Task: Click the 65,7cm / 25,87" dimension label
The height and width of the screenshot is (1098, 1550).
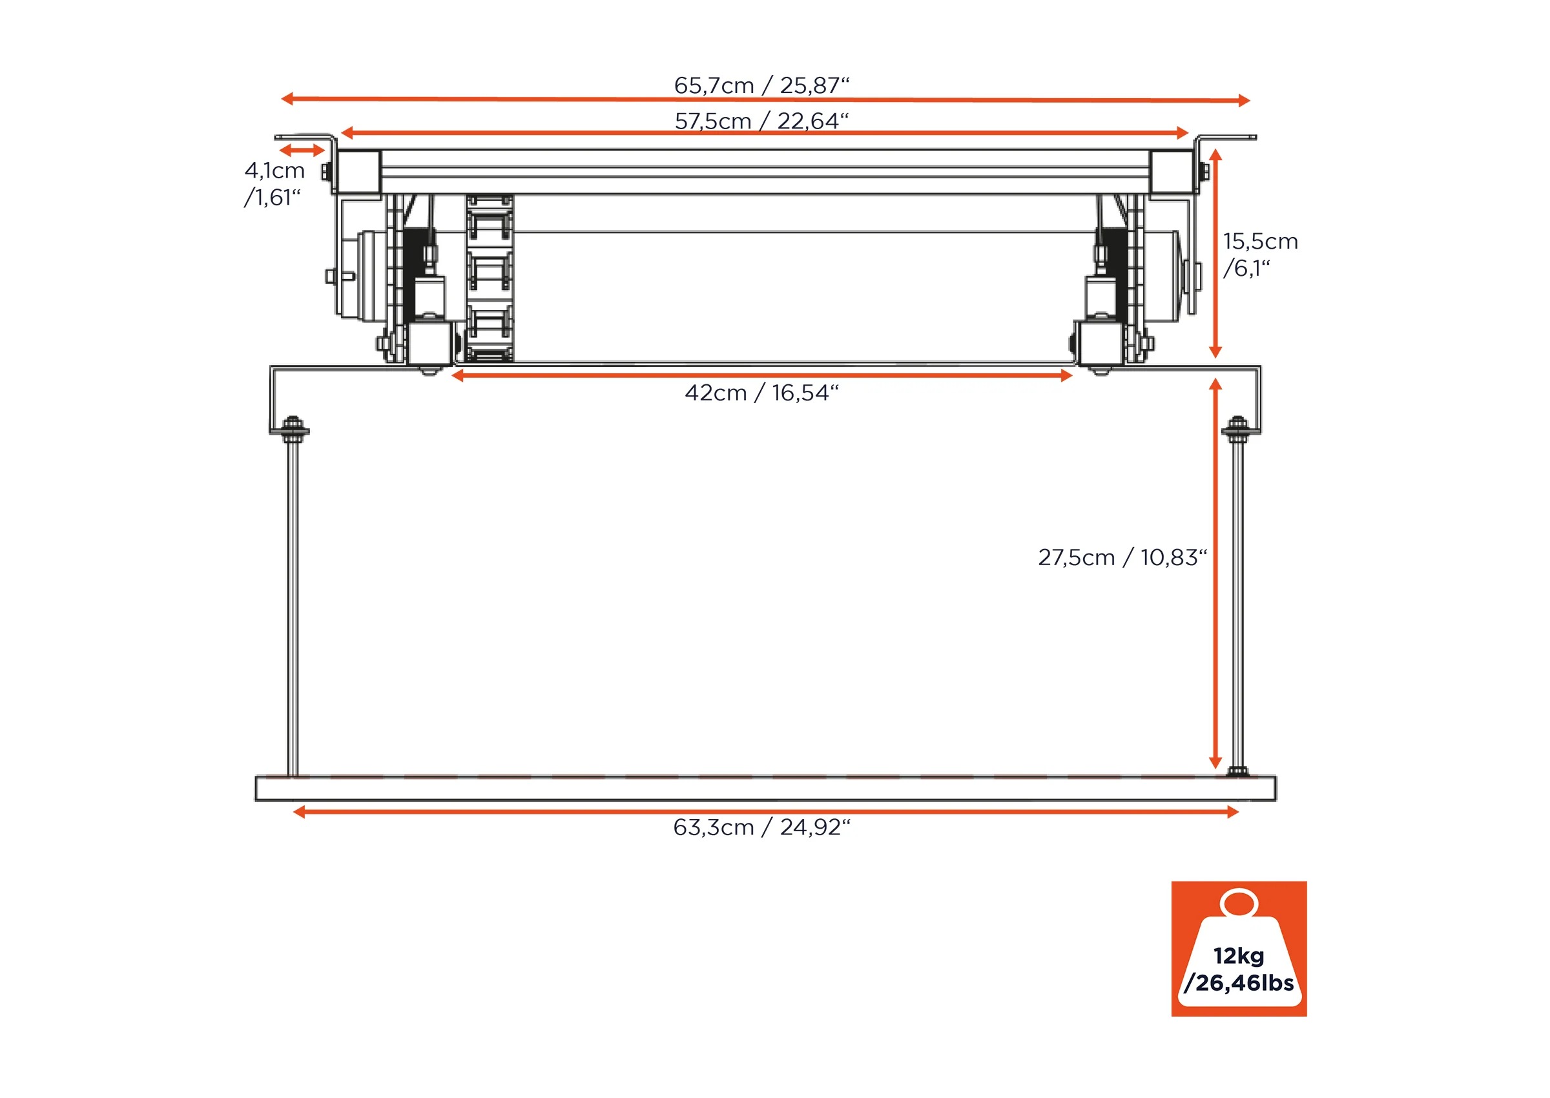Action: coord(761,85)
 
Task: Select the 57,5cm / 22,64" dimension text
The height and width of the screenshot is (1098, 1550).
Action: coord(761,121)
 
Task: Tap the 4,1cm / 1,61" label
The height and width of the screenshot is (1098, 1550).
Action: coord(274,183)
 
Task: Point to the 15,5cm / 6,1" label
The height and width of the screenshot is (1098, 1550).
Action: coord(1260,254)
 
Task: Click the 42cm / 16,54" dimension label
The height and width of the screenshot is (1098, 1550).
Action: coord(761,393)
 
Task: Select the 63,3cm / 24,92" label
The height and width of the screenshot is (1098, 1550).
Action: coord(761,827)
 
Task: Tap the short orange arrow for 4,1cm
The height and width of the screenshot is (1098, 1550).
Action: coord(303,150)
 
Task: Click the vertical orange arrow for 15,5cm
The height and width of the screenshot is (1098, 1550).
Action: coord(1215,254)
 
